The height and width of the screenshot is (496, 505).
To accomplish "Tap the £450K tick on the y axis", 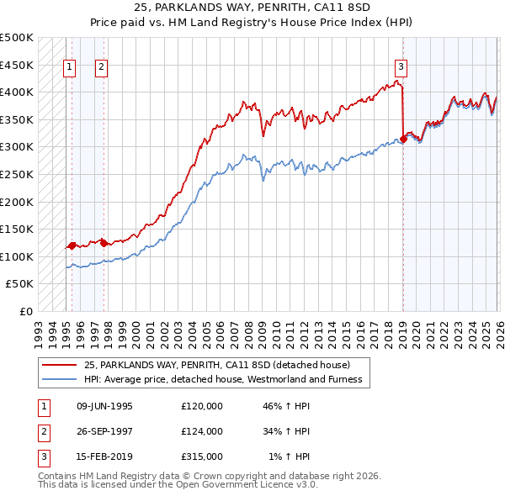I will click(17, 65).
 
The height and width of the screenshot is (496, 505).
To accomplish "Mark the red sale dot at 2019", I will click(403, 140).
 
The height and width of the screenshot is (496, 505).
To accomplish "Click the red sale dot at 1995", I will click(72, 245).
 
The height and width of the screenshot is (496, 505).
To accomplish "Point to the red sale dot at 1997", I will click(104, 243).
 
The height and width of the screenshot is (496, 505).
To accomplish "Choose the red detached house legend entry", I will click(222, 365).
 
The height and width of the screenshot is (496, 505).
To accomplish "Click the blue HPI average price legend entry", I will click(222, 379).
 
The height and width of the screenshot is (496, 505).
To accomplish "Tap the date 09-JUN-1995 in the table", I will click(104, 406).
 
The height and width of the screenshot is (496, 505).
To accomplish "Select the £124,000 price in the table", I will click(202, 431).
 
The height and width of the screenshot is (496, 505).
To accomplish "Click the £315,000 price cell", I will click(202, 456).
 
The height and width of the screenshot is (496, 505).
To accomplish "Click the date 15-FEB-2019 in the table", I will click(104, 456).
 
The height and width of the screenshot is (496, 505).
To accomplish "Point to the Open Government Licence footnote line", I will click(178, 485).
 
